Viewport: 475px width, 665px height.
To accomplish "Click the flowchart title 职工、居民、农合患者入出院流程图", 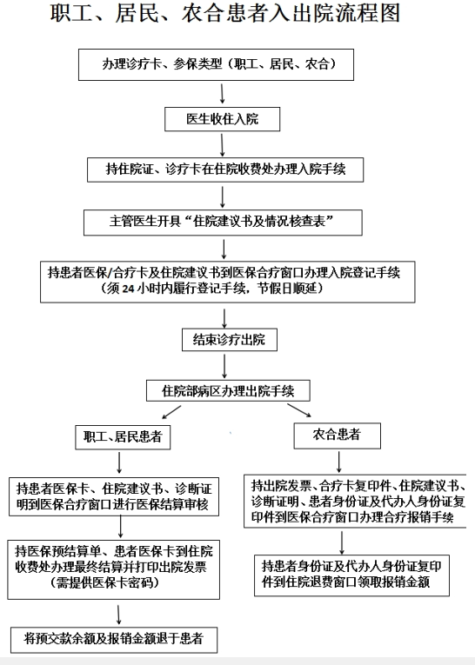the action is tap(225, 14).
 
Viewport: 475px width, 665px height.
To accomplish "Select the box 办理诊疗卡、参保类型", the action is tap(216, 64).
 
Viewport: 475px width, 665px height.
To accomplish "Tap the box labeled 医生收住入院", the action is tap(223, 119).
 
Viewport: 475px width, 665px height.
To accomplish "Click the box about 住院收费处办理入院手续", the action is tap(225, 170).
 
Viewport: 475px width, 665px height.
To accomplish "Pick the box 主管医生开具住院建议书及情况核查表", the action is tap(223, 223).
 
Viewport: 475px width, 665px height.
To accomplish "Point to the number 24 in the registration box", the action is tap(128, 289).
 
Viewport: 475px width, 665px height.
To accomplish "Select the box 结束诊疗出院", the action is tap(230, 340).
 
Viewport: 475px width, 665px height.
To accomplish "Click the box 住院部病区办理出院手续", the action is tap(228, 391).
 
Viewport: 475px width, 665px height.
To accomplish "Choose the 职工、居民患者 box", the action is tap(124, 437).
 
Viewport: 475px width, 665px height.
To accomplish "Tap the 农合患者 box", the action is tap(337, 436).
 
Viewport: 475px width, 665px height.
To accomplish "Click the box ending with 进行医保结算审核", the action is tap(114, 496).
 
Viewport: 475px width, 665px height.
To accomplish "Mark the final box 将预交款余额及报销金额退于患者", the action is tap(114, 640).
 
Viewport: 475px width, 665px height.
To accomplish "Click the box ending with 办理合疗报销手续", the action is tap(355, 501).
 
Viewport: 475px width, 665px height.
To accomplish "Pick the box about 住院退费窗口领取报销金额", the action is tap(351, 575).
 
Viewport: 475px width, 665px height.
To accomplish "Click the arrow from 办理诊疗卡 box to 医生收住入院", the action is tap(222, 94).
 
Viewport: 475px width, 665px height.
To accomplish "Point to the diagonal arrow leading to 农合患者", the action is tap(299, 410).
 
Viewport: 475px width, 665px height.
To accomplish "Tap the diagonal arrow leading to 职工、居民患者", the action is tap(171, 412).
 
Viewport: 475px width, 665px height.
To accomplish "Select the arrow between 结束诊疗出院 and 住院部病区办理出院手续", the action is tap(224, 367).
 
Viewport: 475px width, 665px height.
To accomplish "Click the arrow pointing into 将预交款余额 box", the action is tap(119, 615).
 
